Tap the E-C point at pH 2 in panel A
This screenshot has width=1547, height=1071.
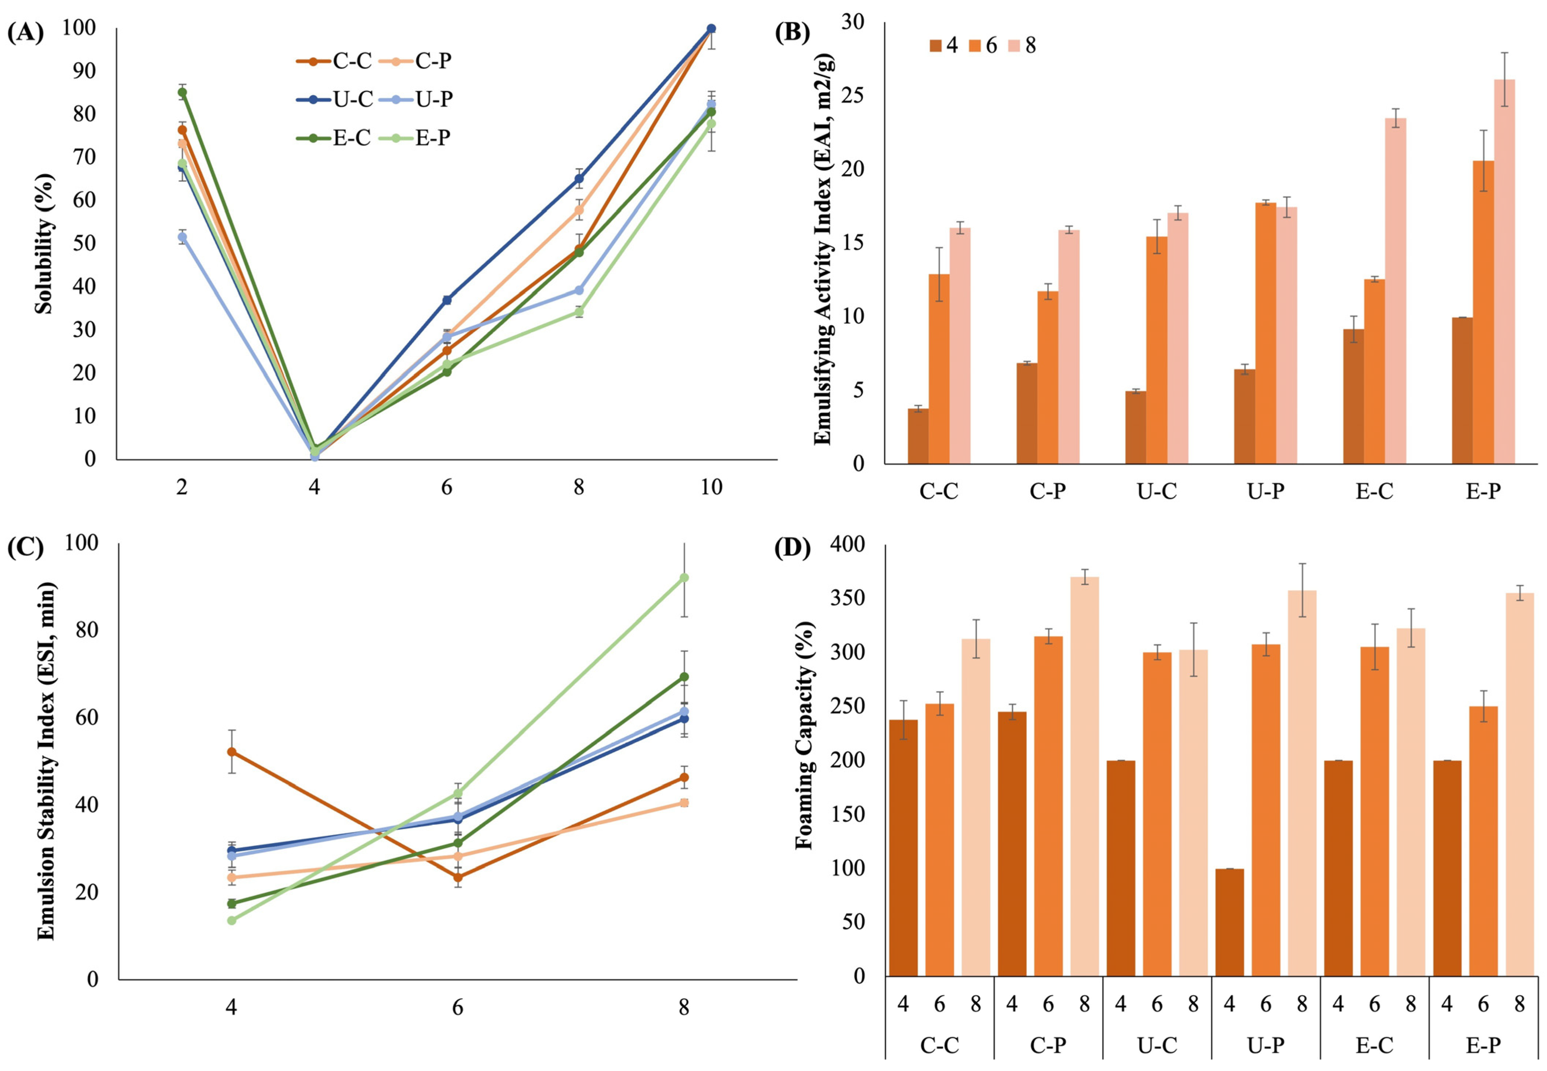182,92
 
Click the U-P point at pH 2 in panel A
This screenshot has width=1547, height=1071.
182,237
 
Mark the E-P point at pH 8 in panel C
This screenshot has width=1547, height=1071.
684,577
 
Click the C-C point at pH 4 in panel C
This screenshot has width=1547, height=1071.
231,752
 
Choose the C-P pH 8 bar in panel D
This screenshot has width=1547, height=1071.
1084,777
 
